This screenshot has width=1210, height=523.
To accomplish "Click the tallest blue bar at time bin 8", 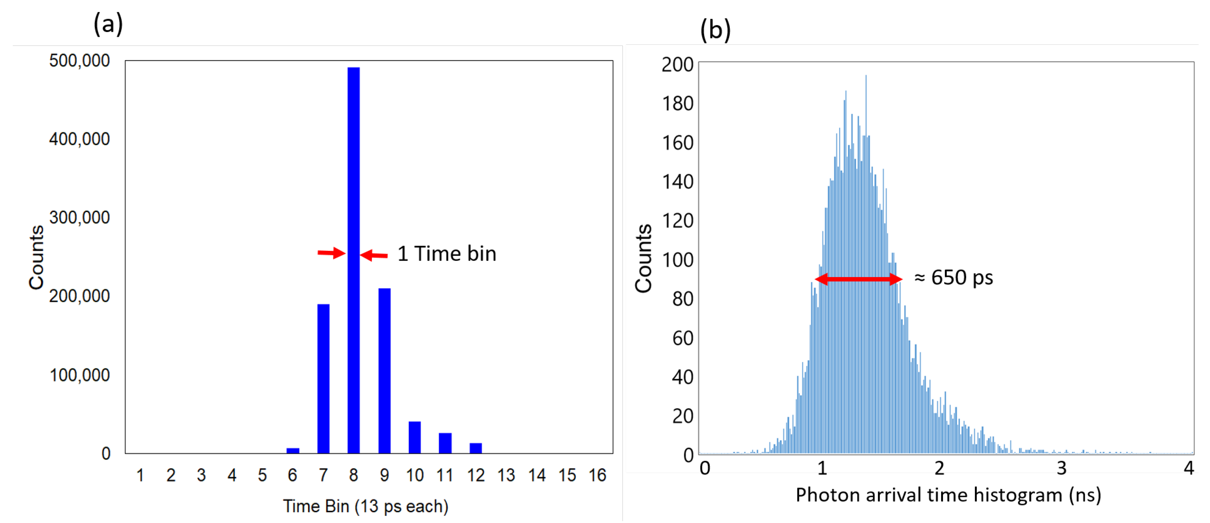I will [x=354, y=261].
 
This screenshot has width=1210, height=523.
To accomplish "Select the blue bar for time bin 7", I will [x=323, y=378].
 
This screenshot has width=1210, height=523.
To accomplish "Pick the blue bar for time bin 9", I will [x=384, y=371].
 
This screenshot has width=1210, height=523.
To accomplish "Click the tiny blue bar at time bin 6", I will [x=293, y=451].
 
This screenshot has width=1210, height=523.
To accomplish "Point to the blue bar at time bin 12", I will [x=475, y=448].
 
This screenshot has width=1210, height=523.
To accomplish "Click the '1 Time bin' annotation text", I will [x=446, y=254].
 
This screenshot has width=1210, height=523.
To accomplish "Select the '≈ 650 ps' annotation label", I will [x=953, y=277].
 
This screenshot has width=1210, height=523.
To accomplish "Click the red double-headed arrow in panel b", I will [x=858, y=279].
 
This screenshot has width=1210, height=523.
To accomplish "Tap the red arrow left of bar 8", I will [x=331, y=253].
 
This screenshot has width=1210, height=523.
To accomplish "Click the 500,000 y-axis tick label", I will [x=79, y=61].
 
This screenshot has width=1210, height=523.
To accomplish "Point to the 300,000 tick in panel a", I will [x=79, y=217].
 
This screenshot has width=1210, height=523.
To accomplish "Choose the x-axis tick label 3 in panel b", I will [x=1061, y=468].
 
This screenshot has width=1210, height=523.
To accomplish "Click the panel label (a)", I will [x=108, y=23].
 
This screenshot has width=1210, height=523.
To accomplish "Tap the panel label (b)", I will [x=715, y=30].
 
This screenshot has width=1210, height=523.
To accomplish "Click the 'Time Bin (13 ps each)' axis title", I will [x=366, y=506].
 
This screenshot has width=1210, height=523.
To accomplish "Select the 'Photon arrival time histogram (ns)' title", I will [x=948, y=495].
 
